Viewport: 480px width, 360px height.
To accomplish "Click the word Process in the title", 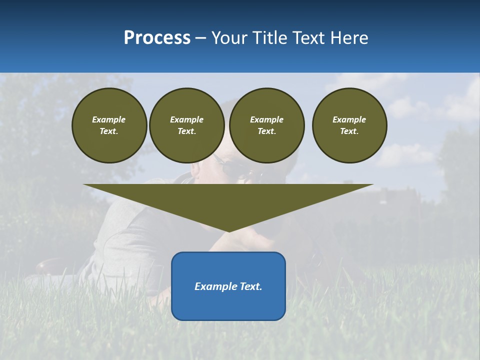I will click(157, 38).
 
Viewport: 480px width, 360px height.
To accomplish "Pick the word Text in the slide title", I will click(308, 38).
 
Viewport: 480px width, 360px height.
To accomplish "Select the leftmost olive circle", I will click(109, 125).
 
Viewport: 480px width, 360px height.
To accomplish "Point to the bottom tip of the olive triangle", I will click(228, 230).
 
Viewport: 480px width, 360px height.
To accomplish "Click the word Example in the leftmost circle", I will click(109, 119).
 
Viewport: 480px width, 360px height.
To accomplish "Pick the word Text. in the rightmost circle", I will click(349, 131).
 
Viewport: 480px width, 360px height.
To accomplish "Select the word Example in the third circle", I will click(267, 119).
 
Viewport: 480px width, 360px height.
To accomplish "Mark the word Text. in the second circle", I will click(187, 131).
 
